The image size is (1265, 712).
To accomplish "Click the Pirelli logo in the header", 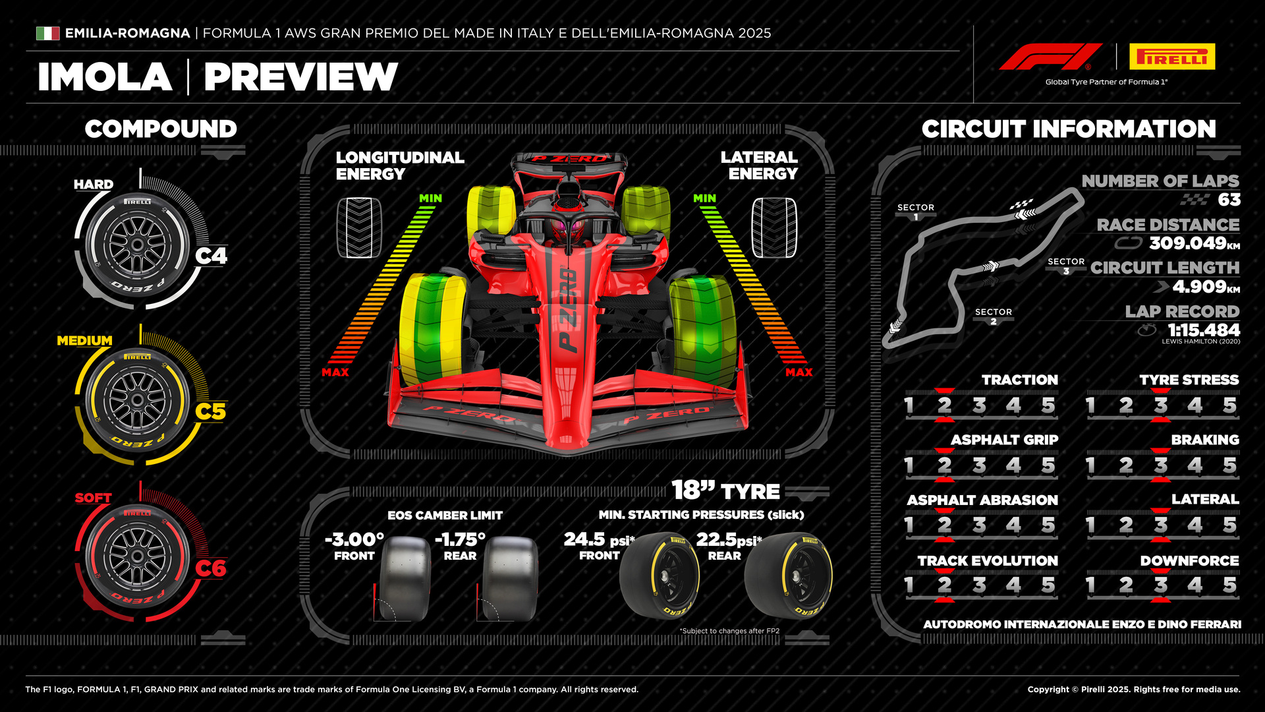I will coord(1172,57).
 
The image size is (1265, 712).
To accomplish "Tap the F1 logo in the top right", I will coord(1050,57).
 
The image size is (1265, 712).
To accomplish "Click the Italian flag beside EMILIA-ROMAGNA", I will coord(47,33).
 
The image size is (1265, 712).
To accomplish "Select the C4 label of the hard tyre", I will coord(211,256).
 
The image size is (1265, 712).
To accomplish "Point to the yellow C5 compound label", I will coord(211,411).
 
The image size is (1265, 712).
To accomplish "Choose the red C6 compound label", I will coord(211,568).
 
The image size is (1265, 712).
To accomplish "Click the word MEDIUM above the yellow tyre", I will coord(84,341).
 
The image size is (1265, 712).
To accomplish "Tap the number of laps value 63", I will coord(1229,200).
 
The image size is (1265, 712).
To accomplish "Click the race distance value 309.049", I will coord(1187,243).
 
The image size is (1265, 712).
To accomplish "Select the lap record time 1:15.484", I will coord(1203,330).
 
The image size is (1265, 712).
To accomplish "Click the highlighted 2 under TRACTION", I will coord(944,405).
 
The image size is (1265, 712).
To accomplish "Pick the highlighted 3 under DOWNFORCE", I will coord(1160,585).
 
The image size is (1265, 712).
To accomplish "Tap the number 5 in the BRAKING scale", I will coord(1229,465).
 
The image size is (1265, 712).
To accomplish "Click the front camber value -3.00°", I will coord(354,539).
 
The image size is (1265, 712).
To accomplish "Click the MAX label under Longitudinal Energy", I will coord(335,372).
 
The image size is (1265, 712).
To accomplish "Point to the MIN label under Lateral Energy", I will coord(704,198).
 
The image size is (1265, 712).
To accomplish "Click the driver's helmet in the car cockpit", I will coord(569,230).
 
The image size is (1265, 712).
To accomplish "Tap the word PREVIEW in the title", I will coord(300,77).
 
